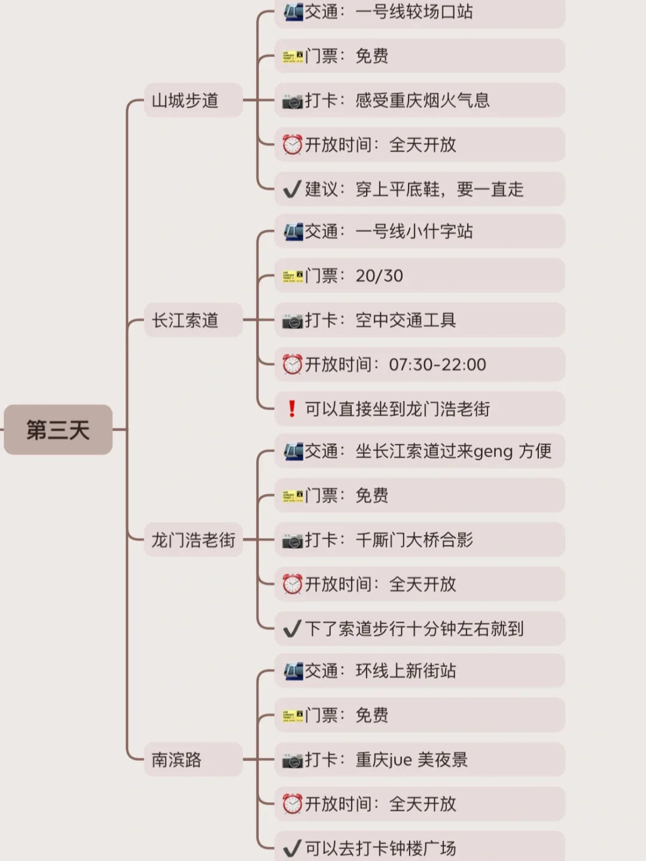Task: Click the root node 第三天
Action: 58,430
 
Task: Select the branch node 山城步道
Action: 185,100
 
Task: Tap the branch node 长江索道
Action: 185,320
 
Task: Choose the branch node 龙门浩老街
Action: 193,541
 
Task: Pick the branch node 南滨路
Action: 176,760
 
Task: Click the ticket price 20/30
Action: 379,276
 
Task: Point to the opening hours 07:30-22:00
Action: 437,365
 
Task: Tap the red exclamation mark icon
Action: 292,409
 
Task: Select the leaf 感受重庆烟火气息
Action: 422,100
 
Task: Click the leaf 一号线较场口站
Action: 414,12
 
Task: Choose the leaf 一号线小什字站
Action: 414,231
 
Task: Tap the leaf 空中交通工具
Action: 406,320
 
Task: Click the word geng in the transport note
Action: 493,452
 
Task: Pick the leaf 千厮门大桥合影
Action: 414,541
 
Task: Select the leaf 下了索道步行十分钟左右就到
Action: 414,629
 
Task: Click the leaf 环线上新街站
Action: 406,671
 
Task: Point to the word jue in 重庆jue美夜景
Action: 401,761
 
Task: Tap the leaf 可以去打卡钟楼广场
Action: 380,848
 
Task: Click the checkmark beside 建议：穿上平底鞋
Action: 292,190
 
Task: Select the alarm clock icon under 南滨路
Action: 292,804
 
